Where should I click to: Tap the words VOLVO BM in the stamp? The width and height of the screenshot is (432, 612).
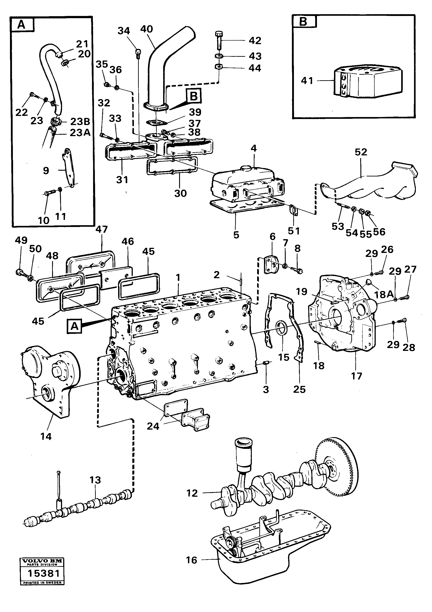(x=42, y=561)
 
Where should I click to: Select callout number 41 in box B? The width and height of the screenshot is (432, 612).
(x=307, y=80)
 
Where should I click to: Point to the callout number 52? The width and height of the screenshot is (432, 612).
(x=361, y=152)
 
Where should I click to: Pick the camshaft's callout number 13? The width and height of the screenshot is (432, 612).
(x=95, y=480)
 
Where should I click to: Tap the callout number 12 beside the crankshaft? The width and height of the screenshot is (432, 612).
(x=192, y=493)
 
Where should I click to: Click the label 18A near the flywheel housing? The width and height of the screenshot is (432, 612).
(x=384, y=294)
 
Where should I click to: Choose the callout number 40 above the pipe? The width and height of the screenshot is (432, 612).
(x=146, y=29)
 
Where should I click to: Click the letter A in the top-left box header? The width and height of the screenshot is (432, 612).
(x=21, y=25)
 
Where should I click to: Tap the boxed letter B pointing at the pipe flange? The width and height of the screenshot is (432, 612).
(x=194, y=96)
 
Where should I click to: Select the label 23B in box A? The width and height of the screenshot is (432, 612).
(x=80, y=121)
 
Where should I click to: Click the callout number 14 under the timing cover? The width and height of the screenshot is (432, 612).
(x=46, y=436)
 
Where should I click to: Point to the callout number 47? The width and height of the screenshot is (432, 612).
(x=102, y=229)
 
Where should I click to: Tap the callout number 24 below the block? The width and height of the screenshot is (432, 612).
(x=153, y=426)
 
